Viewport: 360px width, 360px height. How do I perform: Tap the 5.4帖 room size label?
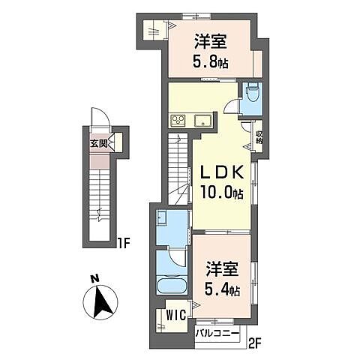click(221, 289)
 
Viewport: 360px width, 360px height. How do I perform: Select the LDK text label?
click(220, 172)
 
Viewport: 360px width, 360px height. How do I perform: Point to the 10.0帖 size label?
click(220, 192)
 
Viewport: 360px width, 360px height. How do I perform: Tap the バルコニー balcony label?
click(217, 331)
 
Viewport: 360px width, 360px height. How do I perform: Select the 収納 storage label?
click(259, 138)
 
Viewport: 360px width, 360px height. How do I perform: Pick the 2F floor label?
click(254, 344)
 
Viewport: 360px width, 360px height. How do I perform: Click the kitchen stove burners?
click(179, 120)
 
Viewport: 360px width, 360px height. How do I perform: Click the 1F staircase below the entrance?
click(98, 199)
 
